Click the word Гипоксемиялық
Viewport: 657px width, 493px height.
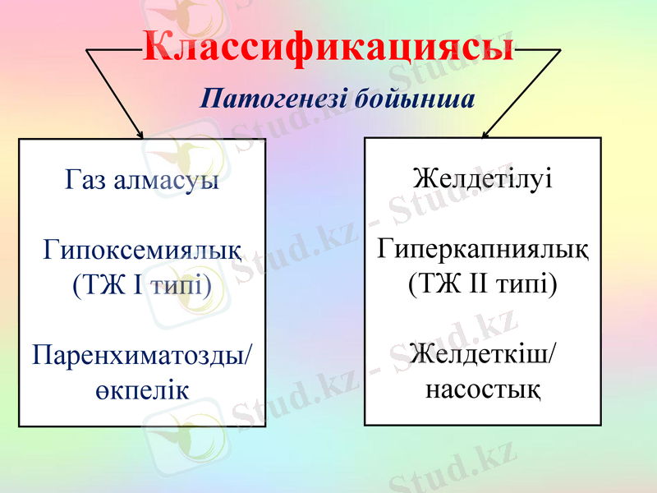[x=142, y=248]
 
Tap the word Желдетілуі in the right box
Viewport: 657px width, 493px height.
[x=482, y=177]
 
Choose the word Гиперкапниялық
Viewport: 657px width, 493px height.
[x=482, y=248]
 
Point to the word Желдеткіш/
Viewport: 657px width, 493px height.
[x=482, y=353]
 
